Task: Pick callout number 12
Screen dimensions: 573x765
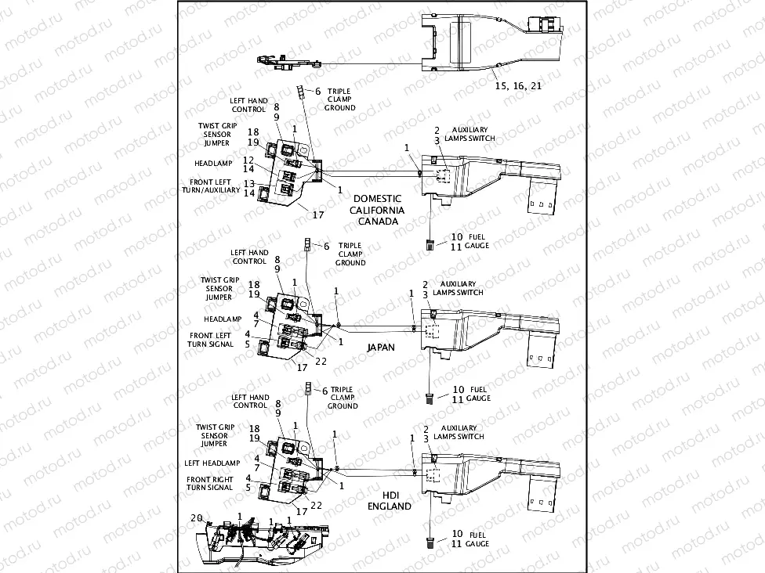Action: pyautogui.click(x=248, y=160)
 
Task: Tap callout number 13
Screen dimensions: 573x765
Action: pyautogui.click(x=248, y=183)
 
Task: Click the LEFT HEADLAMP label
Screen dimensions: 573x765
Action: pyautogui.click(x=212, y=463)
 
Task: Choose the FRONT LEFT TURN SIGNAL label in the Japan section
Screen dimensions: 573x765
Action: pyautogui.click(x=211, y=340)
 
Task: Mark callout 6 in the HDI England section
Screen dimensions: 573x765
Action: pyautogui.click(x=324, y=390)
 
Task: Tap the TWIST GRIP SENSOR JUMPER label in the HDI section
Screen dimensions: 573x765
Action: pyautogui.click(x=214, y=435)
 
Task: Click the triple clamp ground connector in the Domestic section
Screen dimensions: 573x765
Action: pyautogui.click(x=299, y=93)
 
